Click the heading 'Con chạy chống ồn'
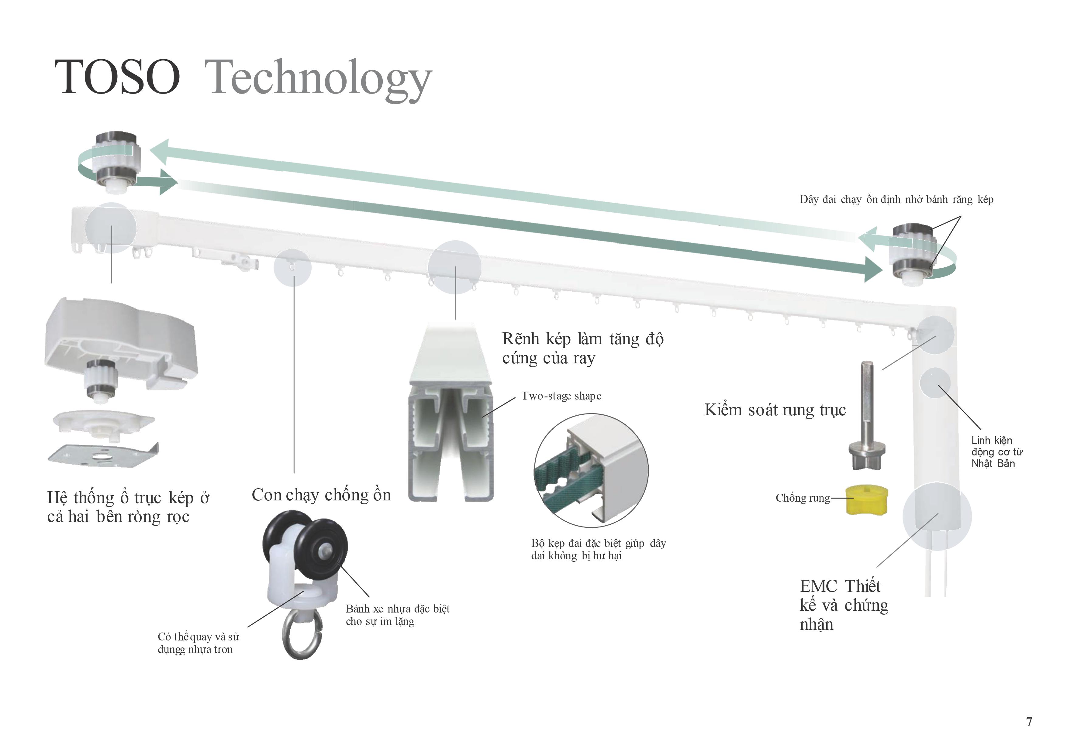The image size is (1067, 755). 321,495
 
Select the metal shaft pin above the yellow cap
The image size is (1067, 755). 867,416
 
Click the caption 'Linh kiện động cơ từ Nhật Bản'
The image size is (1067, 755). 996,452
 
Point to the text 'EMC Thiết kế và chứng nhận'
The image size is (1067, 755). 844,605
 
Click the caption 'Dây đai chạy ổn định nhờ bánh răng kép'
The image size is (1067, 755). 896,199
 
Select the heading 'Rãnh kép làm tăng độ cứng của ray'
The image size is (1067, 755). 583,348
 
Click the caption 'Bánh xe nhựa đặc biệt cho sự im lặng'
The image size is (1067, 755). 398,615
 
